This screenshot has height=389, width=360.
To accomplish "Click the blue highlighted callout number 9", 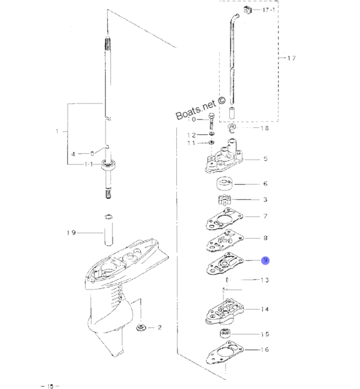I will [x=265, y=260].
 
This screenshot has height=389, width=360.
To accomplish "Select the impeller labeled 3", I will [x=225, y=199].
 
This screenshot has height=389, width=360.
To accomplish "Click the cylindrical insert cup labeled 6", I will [x=225, y=184].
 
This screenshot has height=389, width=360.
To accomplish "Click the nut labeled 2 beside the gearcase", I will [x=141, y=327].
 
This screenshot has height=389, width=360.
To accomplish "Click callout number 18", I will [x=265, y=128].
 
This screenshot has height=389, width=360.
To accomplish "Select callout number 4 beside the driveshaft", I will [x=73, y=154].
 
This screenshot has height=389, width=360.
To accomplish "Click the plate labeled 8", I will [x=225, y=240].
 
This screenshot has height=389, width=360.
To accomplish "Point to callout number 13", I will [x=265, y=280].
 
